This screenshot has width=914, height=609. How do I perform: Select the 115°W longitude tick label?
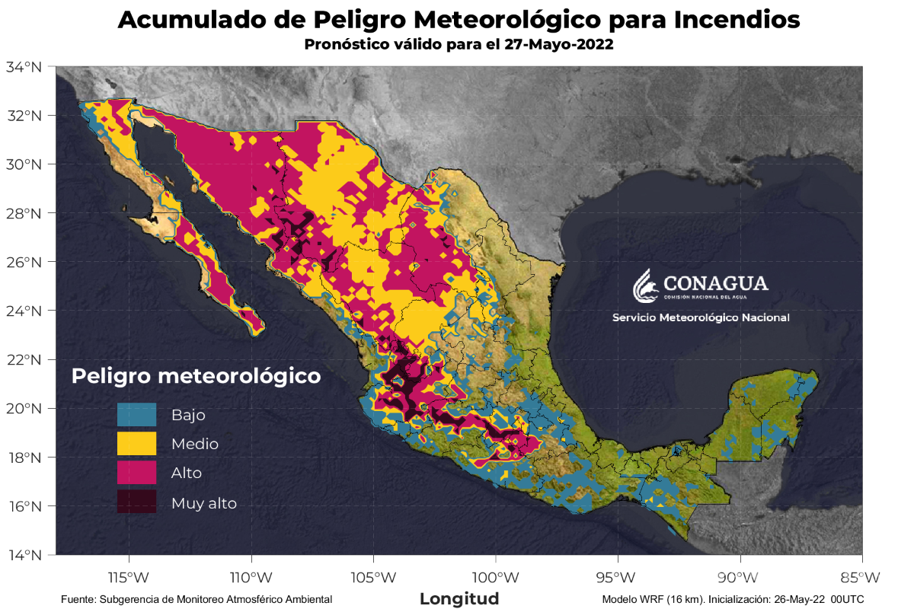click(x=128, y=576)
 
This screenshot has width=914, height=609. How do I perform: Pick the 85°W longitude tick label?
click(x=862, y=576)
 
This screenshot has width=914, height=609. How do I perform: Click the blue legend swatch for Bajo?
click(x=136, y=415)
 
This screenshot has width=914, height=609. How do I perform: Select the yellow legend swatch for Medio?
click(x=136, y=444)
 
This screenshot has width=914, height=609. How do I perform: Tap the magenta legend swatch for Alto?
click(x=136, y=473)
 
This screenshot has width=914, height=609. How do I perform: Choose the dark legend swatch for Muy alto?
click(x=136, y=502)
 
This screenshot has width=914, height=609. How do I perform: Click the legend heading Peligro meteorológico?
click(x=196, y=376)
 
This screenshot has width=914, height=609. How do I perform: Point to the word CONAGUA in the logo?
click(x=715, y=284)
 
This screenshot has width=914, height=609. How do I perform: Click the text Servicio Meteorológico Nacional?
click(x=701, y=317)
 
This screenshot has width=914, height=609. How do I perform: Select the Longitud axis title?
click(x=459, y=598)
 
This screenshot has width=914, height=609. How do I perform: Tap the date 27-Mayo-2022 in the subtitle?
click(x=558, y=45)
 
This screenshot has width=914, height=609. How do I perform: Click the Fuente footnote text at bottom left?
click(x=197, y=600)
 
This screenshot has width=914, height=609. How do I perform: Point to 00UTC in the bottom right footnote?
click(x=847, y=600)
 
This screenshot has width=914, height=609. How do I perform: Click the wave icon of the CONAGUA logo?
click(x=644, y=285)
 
